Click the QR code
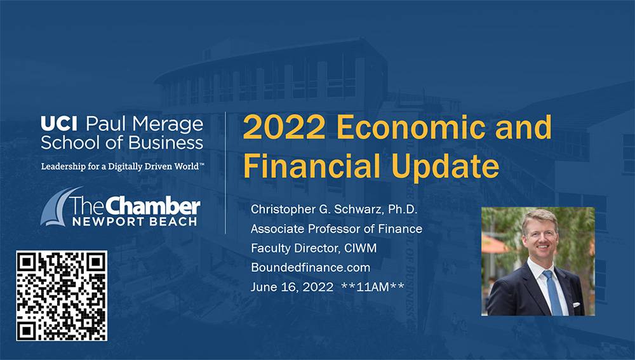(62, 296)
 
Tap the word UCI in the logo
(59, 124)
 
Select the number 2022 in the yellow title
(284, 127)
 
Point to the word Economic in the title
(411, 127)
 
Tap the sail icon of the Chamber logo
(59, 206)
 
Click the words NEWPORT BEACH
(135, 222)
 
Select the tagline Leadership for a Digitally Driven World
(123, 166)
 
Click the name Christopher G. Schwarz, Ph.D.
(334, 210)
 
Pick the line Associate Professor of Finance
(337, 229)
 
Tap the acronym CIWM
(361, 248)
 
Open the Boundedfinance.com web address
(311, 268)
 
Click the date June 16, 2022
(292, 287)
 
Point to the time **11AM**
(373, 287)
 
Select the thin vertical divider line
(225, 173)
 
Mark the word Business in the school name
(166, 143)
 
